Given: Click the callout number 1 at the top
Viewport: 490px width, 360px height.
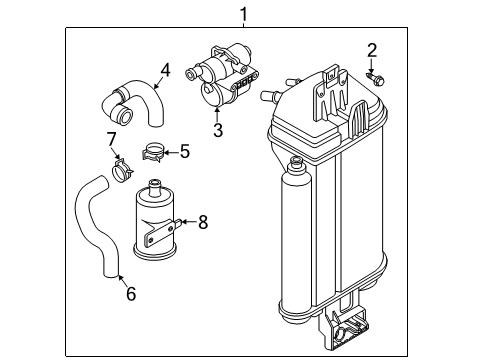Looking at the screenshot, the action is coord(244,15).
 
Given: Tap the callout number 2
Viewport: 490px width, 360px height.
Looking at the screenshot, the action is coord(372,50).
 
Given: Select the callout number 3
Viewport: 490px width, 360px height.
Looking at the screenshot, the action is coord(218,130).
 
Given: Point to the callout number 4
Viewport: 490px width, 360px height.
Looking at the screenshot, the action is coord(165,71).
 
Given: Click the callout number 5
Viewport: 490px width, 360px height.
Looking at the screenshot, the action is coord(185,151).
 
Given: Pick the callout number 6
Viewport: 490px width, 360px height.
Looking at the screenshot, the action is coord(131,294).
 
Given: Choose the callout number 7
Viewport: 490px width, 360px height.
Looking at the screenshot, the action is coord(111,139).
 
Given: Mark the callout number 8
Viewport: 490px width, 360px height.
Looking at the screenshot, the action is coord(203,222).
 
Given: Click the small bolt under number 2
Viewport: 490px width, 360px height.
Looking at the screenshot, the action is coord(376,79).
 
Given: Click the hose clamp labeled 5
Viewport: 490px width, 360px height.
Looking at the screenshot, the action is coord(153,152).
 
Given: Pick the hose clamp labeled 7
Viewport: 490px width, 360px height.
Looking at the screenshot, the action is coord(121,170).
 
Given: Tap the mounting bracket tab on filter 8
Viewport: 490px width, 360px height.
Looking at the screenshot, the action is coord(163,231).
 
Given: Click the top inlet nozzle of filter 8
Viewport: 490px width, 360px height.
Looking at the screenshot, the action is coord(155,187).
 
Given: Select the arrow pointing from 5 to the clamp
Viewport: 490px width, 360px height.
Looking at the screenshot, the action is coord(171,153).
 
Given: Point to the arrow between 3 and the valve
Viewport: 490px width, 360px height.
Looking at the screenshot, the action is coord(217,114).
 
